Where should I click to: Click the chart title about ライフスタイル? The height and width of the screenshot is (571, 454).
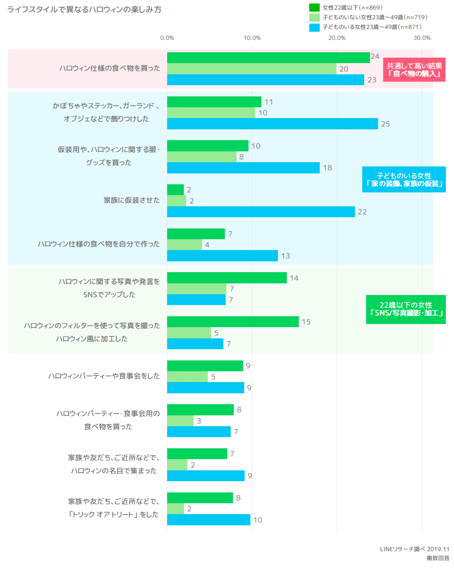click(84, 9)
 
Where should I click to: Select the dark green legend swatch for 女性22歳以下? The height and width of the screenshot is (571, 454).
click(314, 8)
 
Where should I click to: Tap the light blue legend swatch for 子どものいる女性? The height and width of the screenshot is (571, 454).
click(314, 27)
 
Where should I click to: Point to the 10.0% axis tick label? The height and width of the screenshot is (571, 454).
click(252, 38)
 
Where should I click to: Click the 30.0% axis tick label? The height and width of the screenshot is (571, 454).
click(422, 38)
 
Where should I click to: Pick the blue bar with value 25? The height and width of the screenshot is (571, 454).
click(272, 124)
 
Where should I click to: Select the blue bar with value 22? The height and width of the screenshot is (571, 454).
click(261, 212)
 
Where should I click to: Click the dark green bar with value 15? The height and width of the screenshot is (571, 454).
click(233, 322)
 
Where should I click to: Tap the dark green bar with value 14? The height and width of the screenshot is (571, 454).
click(227, 278)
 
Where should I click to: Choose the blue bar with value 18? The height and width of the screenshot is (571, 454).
click(243, 168)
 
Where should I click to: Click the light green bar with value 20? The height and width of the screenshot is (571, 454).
click(252, 69)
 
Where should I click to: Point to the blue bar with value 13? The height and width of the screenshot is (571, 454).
click(222, 256)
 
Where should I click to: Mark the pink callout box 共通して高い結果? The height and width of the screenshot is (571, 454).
click(414, 70)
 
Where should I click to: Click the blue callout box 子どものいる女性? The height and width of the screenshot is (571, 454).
click(404, 180)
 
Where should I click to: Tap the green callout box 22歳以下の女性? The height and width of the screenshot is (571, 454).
click(406, 309)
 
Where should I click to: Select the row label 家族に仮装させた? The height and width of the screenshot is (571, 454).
click(132, 200)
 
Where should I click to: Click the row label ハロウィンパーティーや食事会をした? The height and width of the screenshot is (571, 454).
click(104, 376)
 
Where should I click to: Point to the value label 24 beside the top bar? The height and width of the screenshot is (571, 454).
click(375, 57)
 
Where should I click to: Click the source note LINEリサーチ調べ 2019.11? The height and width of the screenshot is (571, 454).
click(415, 549)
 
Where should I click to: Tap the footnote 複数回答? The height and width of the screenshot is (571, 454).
click(438, 558)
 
